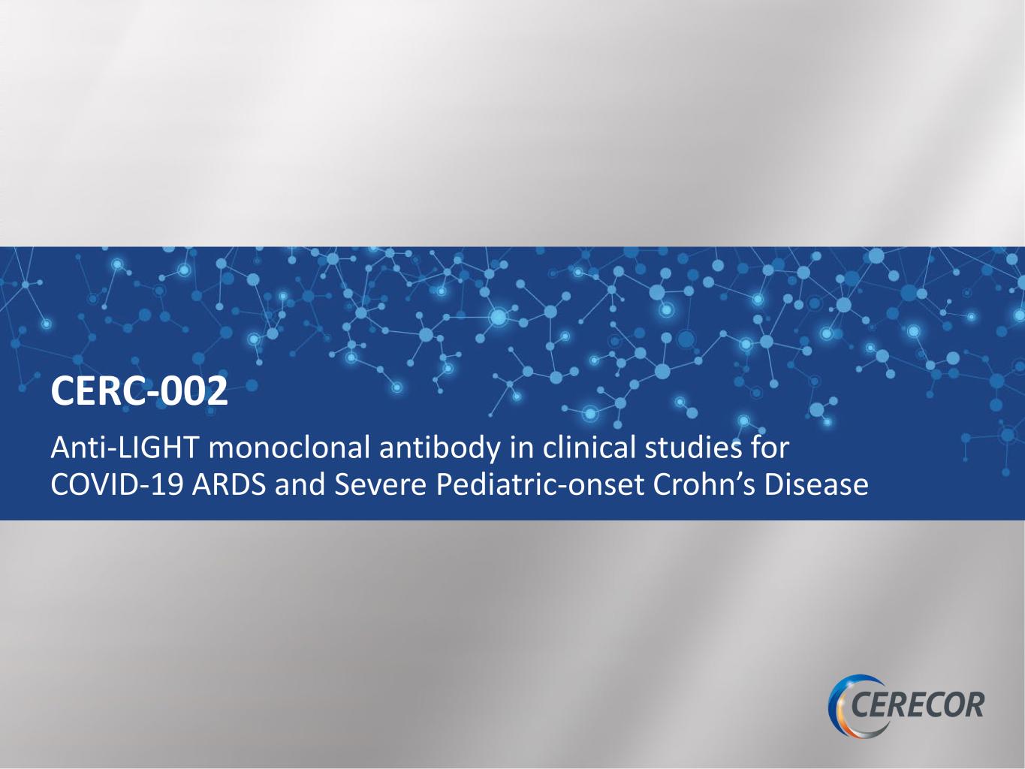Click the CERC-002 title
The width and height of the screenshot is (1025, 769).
click(x=139, y=391)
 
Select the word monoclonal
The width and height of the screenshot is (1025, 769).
click(x=289, y=448)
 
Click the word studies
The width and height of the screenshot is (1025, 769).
click(x=693, y=448)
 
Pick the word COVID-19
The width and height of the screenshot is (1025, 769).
click(x=116, y=485)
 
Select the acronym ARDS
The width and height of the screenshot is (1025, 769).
click(x=228, y=485)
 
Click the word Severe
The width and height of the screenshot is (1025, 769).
click(x=380, y=485)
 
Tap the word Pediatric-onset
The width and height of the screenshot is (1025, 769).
click(x=539, y=485)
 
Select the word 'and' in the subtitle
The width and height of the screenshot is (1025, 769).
click(x=300, y=485)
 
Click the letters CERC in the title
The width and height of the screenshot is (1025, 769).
click(x=97, y=391)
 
